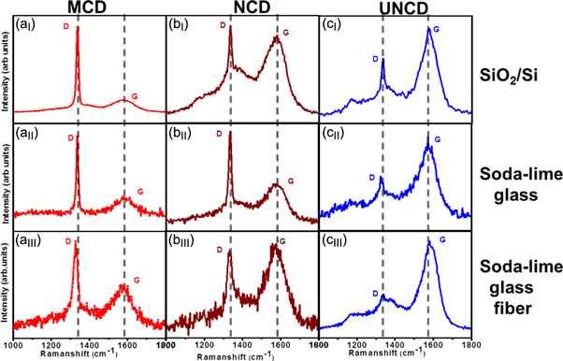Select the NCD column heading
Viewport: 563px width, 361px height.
(x=241, y=7)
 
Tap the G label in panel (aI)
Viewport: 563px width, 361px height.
(x=135, y=96)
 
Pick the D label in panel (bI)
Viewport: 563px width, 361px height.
(x=223, y=25)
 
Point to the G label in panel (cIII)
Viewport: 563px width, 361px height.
(x=441, y=240)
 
